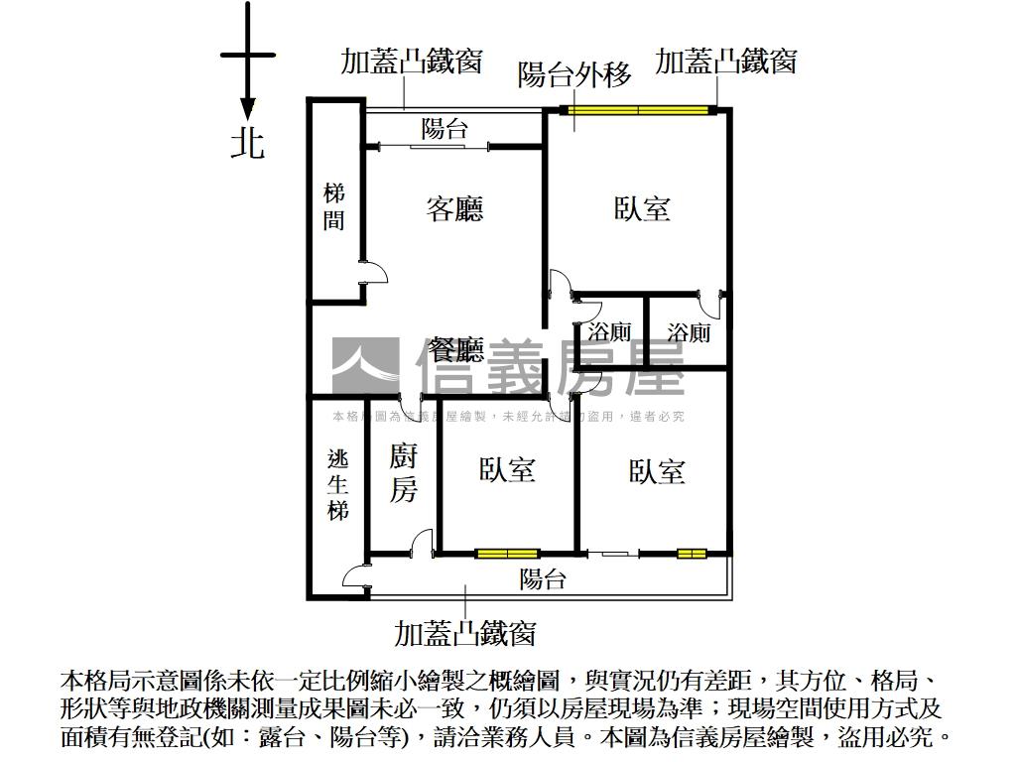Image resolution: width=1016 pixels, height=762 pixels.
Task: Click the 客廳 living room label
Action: point(454,209)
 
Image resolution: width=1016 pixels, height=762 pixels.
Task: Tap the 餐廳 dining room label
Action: point(455,349)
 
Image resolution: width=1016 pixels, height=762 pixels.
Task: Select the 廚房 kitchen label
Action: point(403,473)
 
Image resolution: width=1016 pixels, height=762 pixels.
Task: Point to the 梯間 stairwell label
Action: point(334,207)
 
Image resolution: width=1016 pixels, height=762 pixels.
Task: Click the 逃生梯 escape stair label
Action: point(338,485)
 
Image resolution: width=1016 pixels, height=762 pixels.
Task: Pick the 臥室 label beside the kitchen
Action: point(507,469)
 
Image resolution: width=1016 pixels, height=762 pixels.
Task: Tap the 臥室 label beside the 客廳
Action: point(642,208)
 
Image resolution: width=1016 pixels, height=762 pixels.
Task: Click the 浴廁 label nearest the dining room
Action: point(609,331)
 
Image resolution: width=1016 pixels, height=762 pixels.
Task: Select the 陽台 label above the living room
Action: point(444,128)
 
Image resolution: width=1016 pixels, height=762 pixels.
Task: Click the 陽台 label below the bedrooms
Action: point(543,579)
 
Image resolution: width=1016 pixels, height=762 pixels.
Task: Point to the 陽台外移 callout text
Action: point(574,74)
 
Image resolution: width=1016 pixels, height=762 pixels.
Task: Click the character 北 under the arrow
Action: point(248,142)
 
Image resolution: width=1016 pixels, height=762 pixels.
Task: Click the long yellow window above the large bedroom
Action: point(640,109)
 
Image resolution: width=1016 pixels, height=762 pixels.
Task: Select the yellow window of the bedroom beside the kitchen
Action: point(507,553)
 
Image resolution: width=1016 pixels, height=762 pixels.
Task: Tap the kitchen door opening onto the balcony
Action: point(422,543)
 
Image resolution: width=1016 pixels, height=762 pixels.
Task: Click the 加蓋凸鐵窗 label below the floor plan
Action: point(465,632)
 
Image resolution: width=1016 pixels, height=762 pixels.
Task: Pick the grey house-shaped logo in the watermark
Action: point(365,366)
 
